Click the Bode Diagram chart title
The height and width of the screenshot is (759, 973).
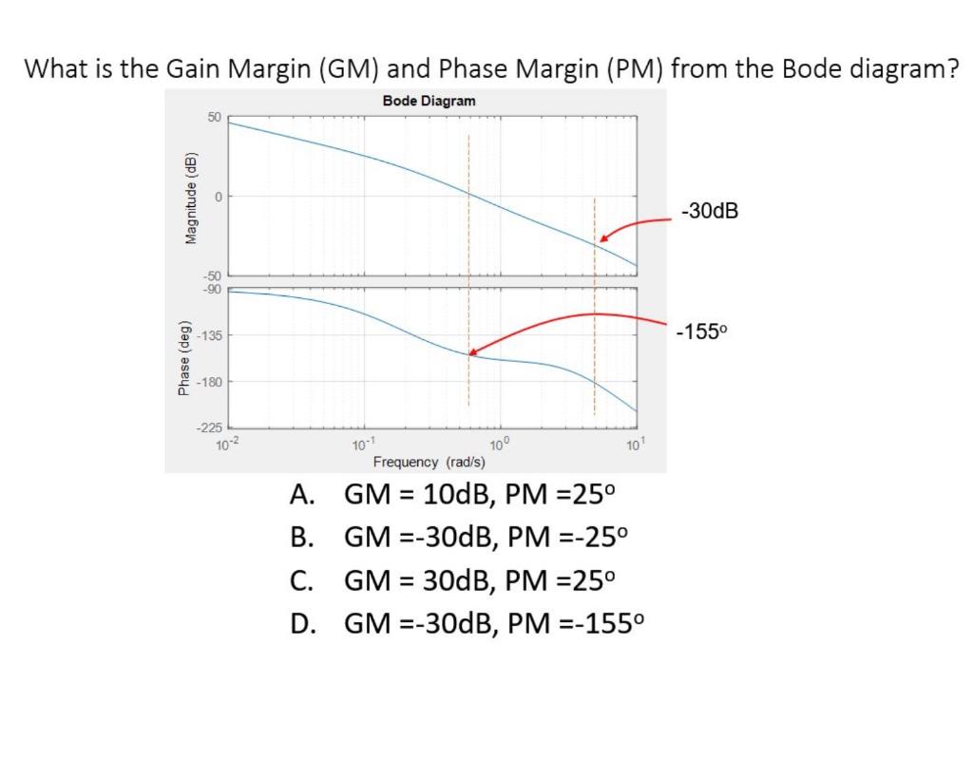[x=429, y=101]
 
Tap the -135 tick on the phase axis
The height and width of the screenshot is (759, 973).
[x=209, y=335]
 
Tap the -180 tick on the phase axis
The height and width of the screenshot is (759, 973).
[x=209, y=382]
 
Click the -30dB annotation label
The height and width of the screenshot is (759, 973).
[x=710, y=211]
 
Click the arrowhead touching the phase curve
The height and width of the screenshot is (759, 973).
[x=471, y=352]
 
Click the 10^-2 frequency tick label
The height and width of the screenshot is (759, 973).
[x=224, y=445]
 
